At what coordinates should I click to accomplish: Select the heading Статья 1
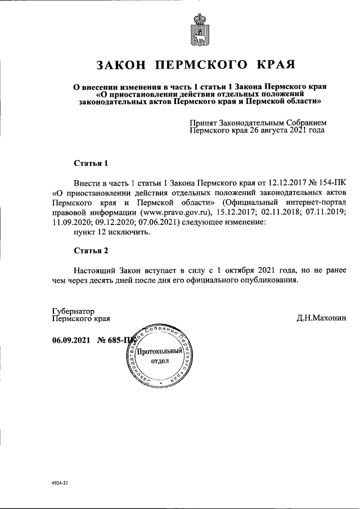[91, 164]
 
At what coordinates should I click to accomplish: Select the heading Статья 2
[91, 249]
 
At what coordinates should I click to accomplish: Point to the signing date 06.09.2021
[71, 340]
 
